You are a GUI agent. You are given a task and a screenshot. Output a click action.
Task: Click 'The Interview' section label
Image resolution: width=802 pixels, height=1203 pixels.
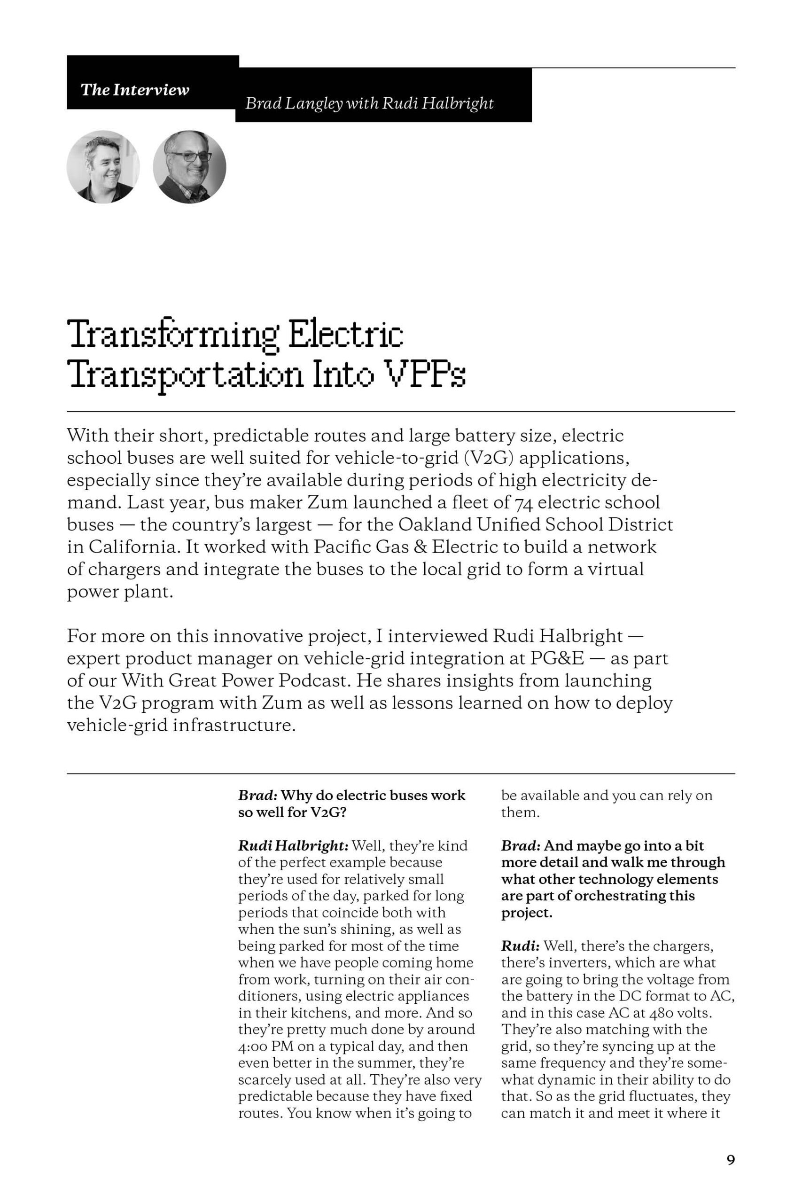(134, 90)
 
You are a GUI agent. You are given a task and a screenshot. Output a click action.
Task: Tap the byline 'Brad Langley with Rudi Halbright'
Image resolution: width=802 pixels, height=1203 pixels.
(369, 104)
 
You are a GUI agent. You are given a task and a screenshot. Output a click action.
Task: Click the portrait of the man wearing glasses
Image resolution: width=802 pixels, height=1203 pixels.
(189, 167)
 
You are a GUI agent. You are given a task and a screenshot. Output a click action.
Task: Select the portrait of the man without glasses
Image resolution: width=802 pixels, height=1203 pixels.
(103, 167)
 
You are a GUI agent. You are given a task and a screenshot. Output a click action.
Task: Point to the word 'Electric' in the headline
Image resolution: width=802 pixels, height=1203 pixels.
(345, 335)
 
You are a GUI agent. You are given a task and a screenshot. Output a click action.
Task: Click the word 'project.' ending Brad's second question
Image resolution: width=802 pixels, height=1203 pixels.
(527, 913)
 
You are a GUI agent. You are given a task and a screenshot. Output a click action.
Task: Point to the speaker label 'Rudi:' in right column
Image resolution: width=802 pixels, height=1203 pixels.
(520, 946)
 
